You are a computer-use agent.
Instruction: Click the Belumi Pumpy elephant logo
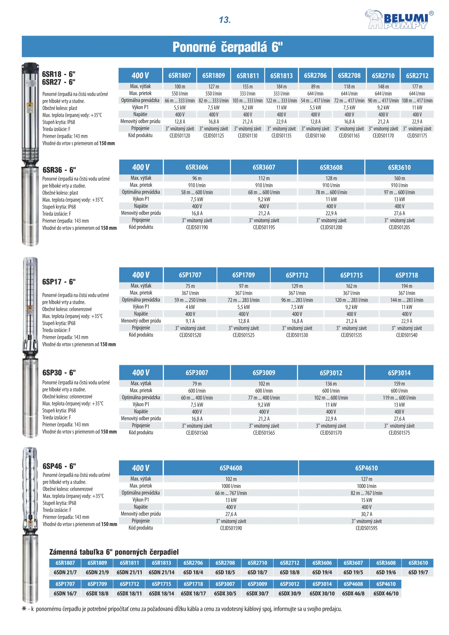pos(399,19)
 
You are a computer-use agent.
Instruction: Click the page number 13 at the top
pos(225,20)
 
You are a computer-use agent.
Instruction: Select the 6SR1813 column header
pos(281,76)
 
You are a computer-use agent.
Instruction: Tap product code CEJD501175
pos(417,136)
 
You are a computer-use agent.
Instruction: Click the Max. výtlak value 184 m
pos(281,87)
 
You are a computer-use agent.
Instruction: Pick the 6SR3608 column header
pos(331,168)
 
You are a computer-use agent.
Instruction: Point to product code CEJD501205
pos(399,228)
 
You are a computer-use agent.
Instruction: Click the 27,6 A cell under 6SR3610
pos(399,213)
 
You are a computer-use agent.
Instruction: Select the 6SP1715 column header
pos(351,275)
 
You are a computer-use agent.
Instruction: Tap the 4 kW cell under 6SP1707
pos(190,307)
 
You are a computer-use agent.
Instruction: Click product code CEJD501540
pos(406,335)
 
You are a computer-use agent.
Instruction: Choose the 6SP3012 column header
pos(331,373)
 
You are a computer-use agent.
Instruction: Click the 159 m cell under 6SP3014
pos(399,384)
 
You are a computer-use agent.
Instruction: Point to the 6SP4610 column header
pos(366,468)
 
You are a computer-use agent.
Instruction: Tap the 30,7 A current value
pos(366,514)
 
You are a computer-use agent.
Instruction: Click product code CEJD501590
pos(231,528)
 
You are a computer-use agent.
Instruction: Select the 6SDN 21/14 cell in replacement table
pos(161,572)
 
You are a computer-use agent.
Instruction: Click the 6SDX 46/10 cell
pos(386,594)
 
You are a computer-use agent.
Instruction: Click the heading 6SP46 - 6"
pos(59,466)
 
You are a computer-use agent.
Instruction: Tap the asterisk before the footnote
pos(24,609)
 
